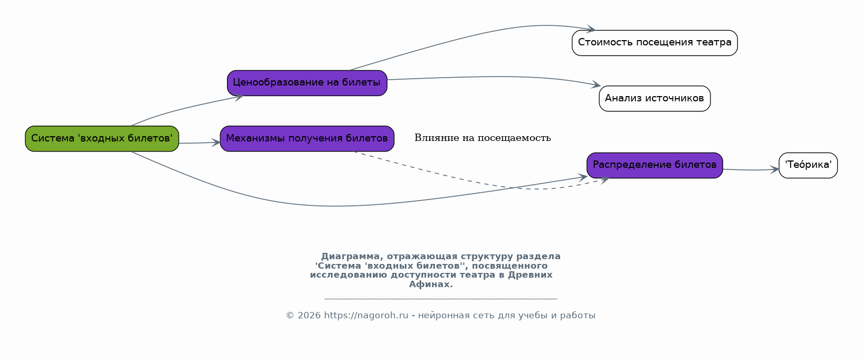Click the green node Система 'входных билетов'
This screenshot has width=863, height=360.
(x=102, y=138)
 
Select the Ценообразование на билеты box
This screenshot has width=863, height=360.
(x=307, y=83)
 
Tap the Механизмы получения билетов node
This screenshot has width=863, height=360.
(x=307, y=138)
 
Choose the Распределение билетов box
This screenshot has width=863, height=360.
(x=655, y=165)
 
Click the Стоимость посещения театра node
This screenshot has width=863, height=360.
(x=655, y=43)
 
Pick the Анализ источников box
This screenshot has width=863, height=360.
(x=655, y=98)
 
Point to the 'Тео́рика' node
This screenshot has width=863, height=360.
(x=808, y=165)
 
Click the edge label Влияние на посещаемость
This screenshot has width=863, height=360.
(x=482, y=138)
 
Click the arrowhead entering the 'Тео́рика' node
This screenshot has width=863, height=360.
(x=774, y=169)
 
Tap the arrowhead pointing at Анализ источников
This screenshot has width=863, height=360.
(x=596, y=84)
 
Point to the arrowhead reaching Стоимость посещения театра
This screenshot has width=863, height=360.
(x=591, y=29)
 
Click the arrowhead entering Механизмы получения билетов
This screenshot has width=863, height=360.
(x=215, y=143)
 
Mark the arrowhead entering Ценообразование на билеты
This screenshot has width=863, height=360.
(x=239, y=97)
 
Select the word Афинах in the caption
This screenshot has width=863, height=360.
(x=431, y=285)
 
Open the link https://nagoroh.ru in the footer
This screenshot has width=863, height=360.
(x=366, y=315)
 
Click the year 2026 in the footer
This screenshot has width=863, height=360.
(x=309, y=315)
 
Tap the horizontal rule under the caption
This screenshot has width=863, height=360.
(x=441, y=298)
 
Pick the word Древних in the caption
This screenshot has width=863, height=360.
(x=530, y=275)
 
